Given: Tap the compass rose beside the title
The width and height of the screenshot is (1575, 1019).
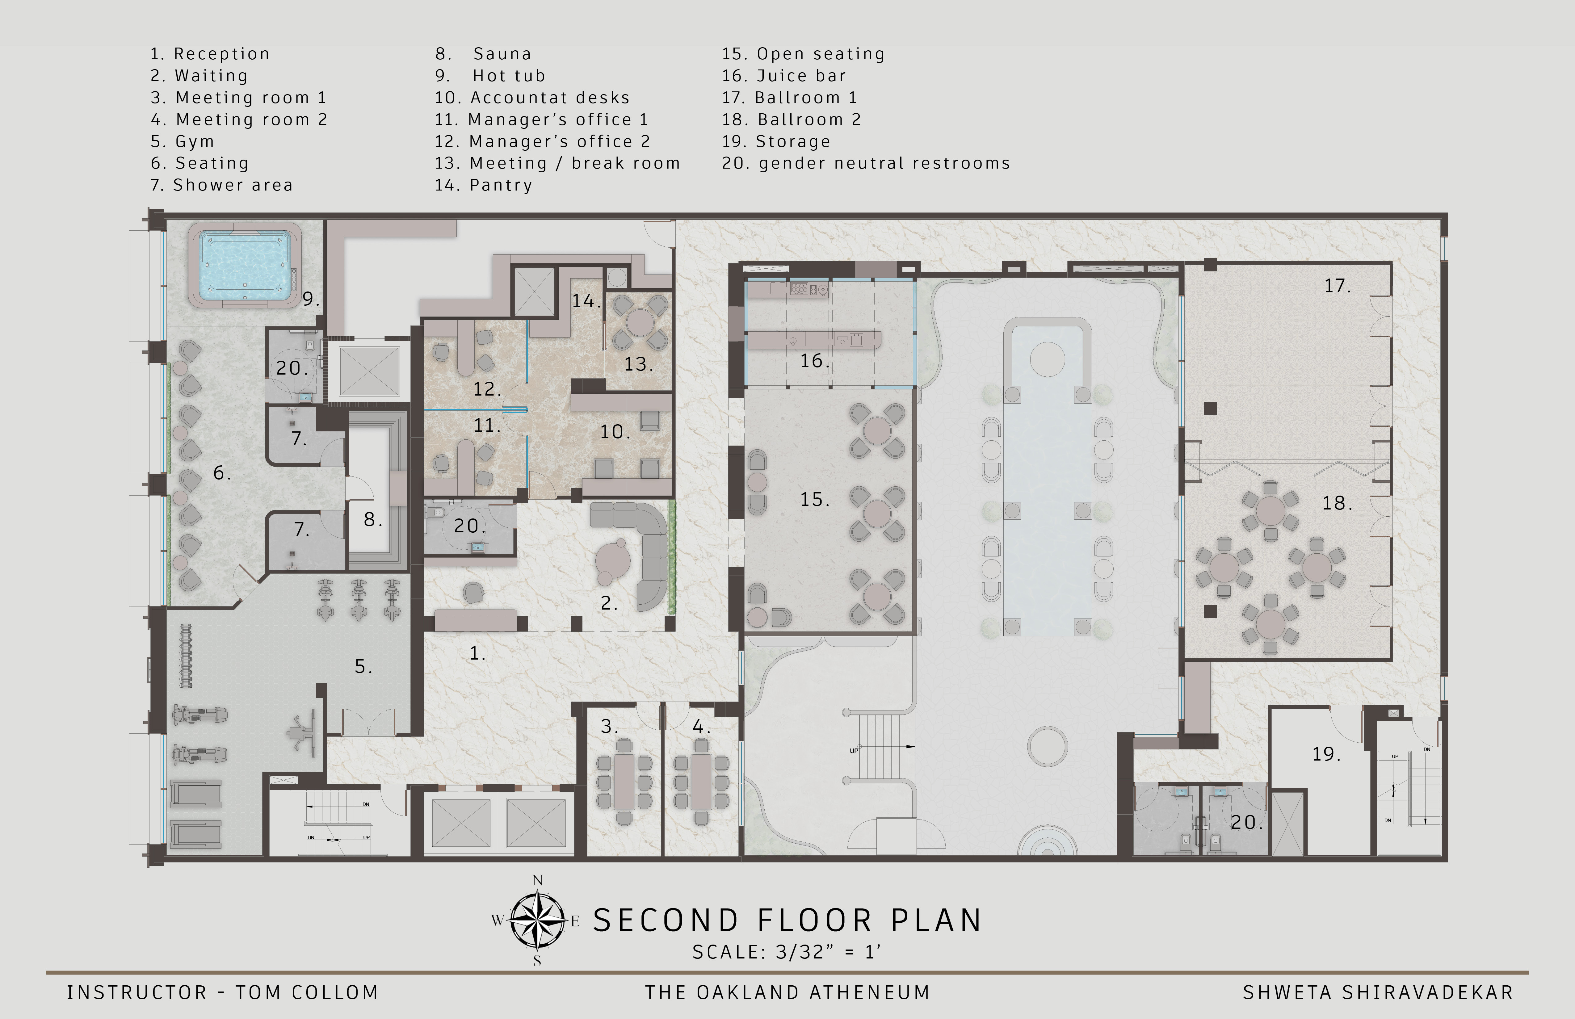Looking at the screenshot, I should point(537,920).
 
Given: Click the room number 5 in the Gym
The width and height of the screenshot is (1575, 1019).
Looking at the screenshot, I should point(363,666).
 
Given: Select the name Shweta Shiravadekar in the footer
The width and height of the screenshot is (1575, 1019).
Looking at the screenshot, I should point(1378,992).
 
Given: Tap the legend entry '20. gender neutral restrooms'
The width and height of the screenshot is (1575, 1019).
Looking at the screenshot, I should point(866,163).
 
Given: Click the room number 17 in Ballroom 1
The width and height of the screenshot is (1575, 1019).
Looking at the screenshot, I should point(1337,286).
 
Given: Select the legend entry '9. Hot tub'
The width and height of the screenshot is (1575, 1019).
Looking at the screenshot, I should point(490,75).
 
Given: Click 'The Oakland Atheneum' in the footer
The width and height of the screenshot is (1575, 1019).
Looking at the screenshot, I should point(787,992).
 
